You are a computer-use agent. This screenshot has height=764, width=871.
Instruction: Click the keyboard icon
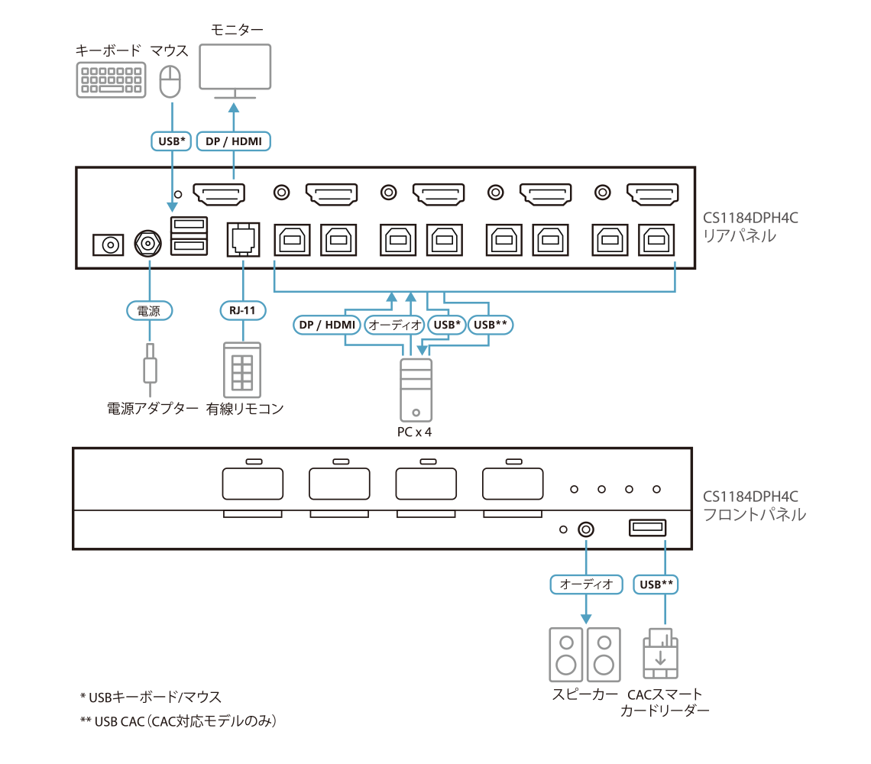tap(112, 79)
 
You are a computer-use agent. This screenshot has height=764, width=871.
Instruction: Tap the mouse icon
tap(170, 81)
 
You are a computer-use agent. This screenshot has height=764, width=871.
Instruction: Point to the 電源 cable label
tap(149, 311)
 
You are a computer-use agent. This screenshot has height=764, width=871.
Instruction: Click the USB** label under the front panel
tap(656, 584)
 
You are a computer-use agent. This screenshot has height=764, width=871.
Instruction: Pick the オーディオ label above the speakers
tap(586, 584)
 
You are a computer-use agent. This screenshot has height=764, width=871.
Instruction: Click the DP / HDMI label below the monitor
tap(235, 141)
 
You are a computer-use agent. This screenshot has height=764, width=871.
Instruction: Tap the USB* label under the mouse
tap(172, 141)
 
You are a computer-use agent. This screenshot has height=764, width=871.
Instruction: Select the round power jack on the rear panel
tap(147, 244)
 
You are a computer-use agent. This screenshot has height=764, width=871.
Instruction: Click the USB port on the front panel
tap(647, 528)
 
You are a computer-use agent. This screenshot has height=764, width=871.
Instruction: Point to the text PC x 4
tap(416, 432)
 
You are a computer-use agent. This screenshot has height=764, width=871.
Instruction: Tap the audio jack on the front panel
tap(587, 529)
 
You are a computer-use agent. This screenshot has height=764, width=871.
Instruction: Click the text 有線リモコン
tap(244, 410)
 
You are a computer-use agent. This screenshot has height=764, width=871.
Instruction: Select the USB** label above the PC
tap(490, 325)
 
